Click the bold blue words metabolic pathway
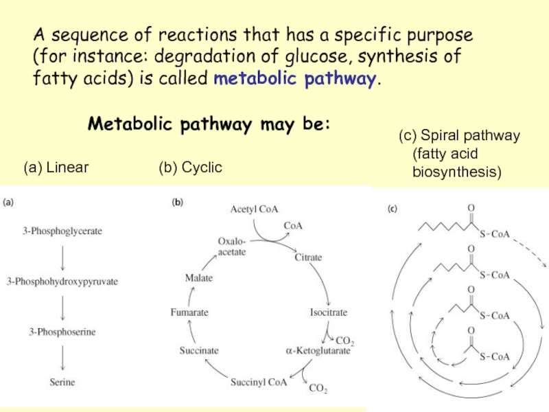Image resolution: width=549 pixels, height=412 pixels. tap(295, 79)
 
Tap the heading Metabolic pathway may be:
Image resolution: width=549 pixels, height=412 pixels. tap(209, 125)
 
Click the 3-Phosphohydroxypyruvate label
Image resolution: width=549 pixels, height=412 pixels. tap(62, 282)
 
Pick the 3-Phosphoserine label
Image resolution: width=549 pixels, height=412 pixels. tap(62, 332)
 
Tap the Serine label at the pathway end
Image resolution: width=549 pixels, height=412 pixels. tap(62, 381)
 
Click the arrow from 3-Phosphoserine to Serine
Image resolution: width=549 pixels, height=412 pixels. tap(62, 356)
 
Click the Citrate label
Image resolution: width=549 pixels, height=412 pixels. tap(308, 258)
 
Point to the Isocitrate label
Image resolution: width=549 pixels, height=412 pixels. tap(329, 312)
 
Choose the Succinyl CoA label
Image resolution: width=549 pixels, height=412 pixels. tap(259, 382)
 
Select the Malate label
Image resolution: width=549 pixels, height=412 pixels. tap(199, 278)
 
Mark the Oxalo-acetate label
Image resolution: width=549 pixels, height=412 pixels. tap(232, 247)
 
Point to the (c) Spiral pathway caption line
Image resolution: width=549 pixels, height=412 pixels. tap(460, 136)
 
